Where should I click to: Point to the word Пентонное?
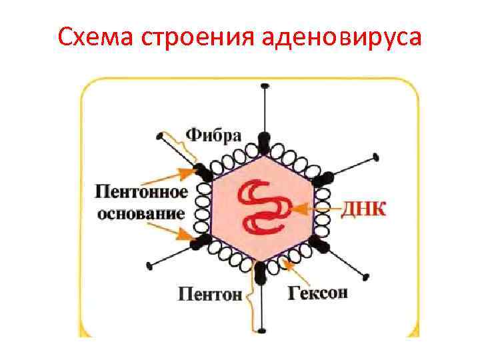click(140, 193)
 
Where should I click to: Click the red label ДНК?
click(363, 209)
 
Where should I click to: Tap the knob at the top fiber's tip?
click(265, 87)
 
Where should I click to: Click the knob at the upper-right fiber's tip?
click(377, 157)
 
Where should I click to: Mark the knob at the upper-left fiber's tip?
click(159, 137)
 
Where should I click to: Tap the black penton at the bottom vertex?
click(261, 270)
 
